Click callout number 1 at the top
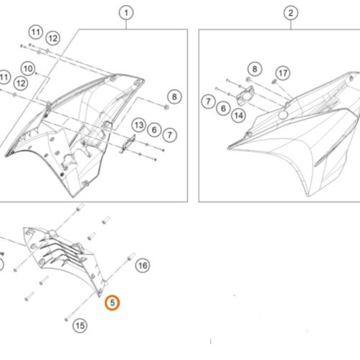click(126, 13)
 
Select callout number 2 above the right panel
click(291, 13)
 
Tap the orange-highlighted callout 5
click(112, 302)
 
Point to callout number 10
click(28, 68)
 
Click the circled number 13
click(139, 125)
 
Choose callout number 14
click(238, 115)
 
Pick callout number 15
click(80, 325)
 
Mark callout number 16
click(143, 266)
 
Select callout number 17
click(283, 73)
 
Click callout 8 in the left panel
click(174, 96)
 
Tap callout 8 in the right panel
click(255, 69)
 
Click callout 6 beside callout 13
click(154, 130)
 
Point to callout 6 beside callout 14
click(223, 109)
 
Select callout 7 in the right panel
click(208, 102)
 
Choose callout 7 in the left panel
click(170, 135)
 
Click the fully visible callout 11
click(36, 32)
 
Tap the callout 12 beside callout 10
click(21, 84)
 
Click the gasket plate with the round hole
click(245, 96)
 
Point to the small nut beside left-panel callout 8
click(166, 107)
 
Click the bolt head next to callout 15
click(66, 320)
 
